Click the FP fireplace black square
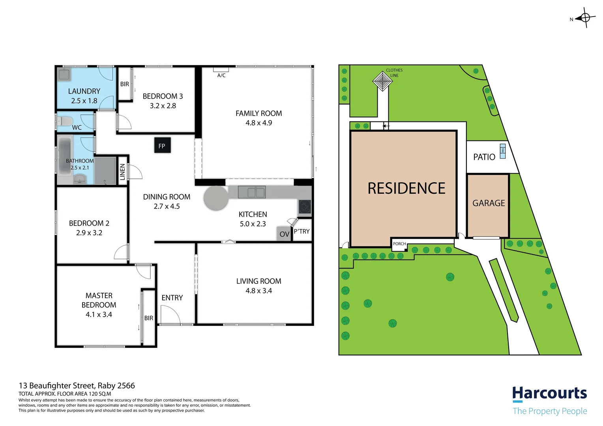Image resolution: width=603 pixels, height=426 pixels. coord(162,146)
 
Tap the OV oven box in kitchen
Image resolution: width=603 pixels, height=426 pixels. coord(284,234)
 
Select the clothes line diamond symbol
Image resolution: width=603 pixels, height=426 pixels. coord(382,81)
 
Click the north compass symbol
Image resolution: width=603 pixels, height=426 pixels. coord(585,18)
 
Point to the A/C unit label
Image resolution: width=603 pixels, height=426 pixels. coord(221,75)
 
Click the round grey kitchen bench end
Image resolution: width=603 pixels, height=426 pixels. coord(216,198)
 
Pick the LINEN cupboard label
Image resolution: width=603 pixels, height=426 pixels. coord(122,172)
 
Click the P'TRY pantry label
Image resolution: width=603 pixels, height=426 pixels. coord(302,232)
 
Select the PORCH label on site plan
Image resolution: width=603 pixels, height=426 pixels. coord(399,244)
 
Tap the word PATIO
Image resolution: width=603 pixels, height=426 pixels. coord(484,157)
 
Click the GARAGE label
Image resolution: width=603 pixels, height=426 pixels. coord(489,203)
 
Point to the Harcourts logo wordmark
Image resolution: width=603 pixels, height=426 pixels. coord(549,393)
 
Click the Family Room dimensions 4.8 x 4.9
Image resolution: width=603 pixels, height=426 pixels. coord(258,123)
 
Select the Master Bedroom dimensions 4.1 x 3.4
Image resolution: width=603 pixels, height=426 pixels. coord(99,315)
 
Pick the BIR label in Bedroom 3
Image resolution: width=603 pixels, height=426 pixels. coord(124,84)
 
